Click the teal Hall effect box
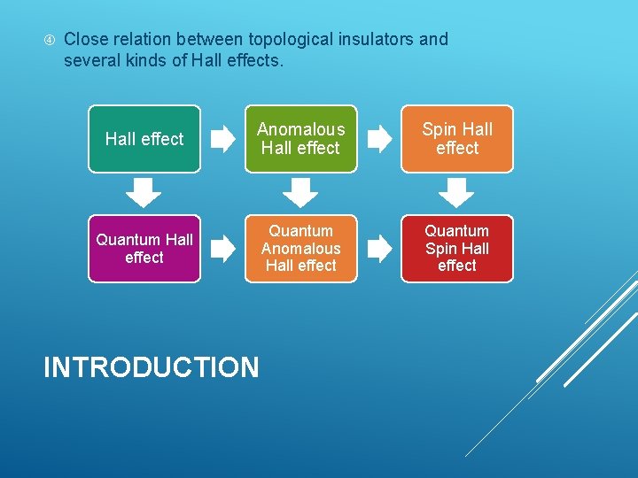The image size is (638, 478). click(x=144, y=139)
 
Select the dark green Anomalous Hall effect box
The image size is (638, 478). click(x=300, y=139)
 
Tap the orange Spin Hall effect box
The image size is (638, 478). click(x=457, y=139)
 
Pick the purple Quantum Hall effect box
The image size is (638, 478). click(x=144, y=249)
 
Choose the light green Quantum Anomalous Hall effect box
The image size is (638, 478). click(x=300, y=249)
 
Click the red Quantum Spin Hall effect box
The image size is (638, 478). click(x=457, y=249)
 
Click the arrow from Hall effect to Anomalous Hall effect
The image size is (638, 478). click(x=222, y=139)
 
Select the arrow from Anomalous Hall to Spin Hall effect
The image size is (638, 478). click(x=379, y=139)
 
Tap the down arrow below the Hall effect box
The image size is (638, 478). click(x=144, y=192)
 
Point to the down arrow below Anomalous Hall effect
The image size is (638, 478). click(x=300, y=192)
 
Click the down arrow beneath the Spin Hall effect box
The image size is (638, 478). click(x=457, y=192)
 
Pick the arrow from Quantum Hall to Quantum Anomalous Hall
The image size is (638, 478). click(x=222, y=249)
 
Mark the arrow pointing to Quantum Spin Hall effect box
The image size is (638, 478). click(x=379, y=249)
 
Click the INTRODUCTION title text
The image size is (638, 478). click(x=152, y=367)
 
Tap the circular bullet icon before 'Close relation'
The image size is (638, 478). click(x=50, y=40)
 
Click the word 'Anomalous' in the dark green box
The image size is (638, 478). click(x=300, y=129)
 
